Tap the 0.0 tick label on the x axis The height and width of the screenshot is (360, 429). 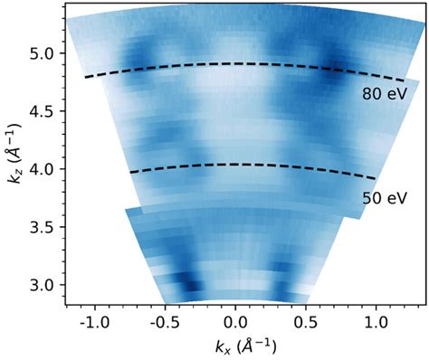(x=235, y=323)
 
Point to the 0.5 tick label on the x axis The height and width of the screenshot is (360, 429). (x=306, y=323)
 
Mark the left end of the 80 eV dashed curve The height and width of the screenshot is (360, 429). (x=85, y=78)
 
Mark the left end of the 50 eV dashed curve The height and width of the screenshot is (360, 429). (x=130, y=172)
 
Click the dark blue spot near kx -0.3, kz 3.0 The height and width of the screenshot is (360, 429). (x=190, y=286)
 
